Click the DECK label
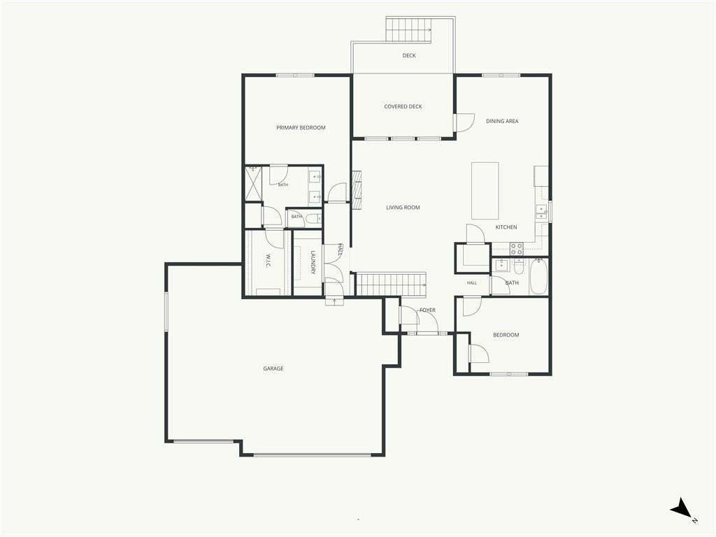[408, 56]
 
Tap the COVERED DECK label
[403, 107]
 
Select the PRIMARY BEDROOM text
[301, 128]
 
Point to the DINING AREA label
[502, 122]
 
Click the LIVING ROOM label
[403, 208]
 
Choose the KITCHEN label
[506, 227]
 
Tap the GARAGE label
[273, 369]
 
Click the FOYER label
[427, 310]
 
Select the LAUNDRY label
[313, 263]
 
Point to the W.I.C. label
[268, 262]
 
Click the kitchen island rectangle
[485, 190]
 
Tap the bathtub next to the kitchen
[538, 277]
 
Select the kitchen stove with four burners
[517, 249]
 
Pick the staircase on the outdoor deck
[408, 30]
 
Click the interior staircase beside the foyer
[391, 285]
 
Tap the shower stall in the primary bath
[254, 184]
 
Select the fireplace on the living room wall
[356, 190]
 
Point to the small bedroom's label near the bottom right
[506, 335]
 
